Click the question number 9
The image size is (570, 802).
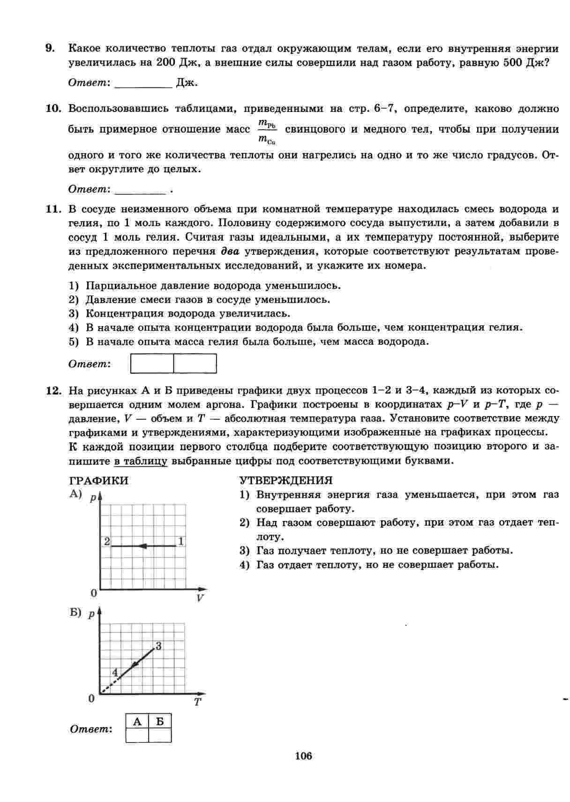coord(50,49)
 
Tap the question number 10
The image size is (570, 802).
coord(53,109)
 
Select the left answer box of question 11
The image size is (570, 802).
coord(152,364)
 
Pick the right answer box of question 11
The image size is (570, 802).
coord(195,364)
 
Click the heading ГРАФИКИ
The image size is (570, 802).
coord(98,481)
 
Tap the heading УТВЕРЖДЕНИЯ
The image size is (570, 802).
coord(286,481)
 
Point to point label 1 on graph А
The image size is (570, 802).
coord(181,542)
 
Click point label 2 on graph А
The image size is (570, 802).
coord(107,542)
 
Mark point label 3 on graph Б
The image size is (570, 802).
coord(158,646)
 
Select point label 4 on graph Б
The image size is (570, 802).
coord(115,672)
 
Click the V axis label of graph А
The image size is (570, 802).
coord(200,598)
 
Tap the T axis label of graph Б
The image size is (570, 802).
coord(197,702)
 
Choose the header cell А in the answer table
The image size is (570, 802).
coord(137,721)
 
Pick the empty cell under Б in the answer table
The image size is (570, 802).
coord(160,735)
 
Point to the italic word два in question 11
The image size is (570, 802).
coord(230,252)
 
